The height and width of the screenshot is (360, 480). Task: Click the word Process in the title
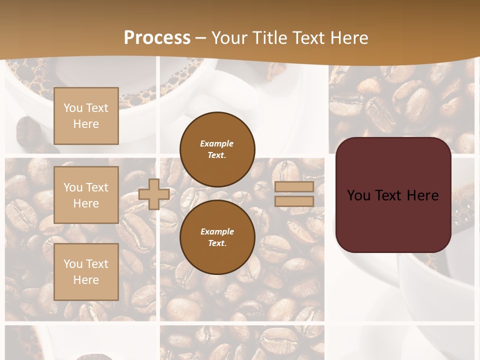point(157,38)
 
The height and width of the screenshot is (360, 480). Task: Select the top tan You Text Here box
point(86,116)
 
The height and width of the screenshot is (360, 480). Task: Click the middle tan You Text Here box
point(86,195)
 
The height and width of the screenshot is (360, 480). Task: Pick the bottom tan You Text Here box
point(86,271)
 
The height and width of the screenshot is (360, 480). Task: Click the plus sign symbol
point(154,194)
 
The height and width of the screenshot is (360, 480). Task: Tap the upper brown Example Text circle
point(217,149)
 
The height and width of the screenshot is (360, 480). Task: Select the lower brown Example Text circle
point(217,237)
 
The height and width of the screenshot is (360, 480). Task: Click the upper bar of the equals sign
point(294,187)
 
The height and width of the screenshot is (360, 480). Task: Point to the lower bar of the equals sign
point(294,201)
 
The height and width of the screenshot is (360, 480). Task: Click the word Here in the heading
point(349,38)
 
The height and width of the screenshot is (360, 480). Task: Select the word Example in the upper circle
point(217,143)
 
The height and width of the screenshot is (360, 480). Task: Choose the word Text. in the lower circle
point(217,243)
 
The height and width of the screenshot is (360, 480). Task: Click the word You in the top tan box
point(73,108)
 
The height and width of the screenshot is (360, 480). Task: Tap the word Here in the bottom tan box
point(86,280)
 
